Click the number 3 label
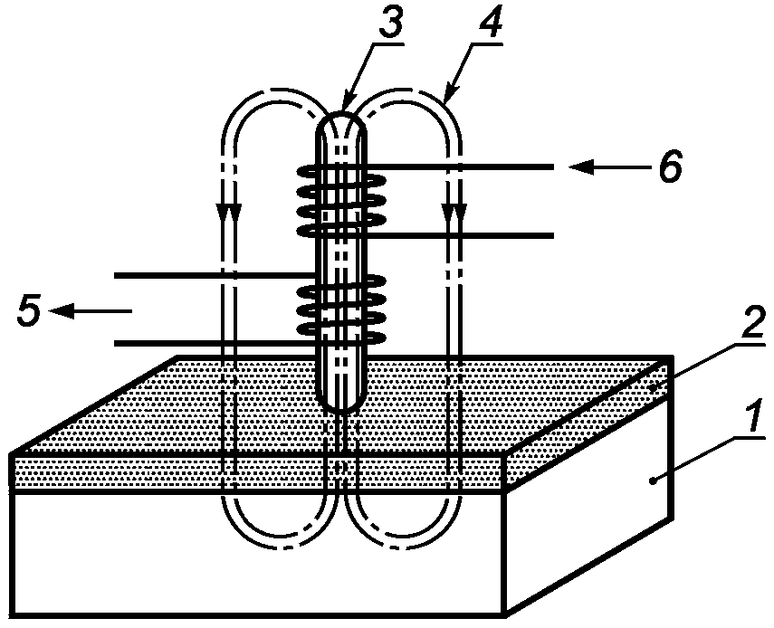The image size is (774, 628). click(390, 23)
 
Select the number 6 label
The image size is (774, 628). click(669, 166)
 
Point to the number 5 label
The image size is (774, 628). click(29, 310)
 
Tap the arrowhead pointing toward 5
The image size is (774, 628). click(62, 310)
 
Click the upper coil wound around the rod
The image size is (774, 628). click(341, 200)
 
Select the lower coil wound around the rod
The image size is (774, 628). click(341, 309)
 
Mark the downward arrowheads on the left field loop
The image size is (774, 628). click(228, 214)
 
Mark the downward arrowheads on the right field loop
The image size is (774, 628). click(454, 214)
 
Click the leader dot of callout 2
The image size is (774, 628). click(653, 388)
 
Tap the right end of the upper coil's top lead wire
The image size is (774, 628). click(553, 167)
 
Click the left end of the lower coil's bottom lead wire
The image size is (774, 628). click(115, 343)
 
